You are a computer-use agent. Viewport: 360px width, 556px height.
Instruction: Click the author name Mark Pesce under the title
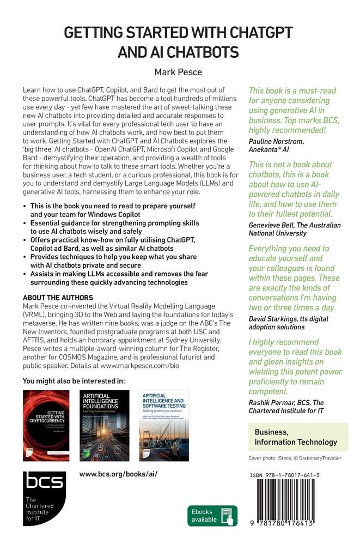click(179, 71)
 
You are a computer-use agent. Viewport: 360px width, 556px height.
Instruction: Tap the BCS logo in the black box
click(44, 481)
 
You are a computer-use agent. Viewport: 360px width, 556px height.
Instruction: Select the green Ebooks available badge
click(212, 515)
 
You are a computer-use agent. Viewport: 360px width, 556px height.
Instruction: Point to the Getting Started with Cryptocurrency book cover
click(46, 425)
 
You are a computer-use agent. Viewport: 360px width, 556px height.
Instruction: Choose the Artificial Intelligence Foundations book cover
click(105, 425)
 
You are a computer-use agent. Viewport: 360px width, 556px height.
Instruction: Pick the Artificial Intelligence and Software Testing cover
click(164, 425)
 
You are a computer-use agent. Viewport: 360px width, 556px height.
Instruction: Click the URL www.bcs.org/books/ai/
click(118, 473)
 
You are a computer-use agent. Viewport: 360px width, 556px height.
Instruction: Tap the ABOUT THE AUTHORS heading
click(58, 298)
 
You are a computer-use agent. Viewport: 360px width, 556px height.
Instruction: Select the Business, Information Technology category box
click(296, 437)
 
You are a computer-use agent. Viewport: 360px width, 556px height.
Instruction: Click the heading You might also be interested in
click(74, 380)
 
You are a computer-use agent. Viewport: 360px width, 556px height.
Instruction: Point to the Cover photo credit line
click(295, 458)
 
